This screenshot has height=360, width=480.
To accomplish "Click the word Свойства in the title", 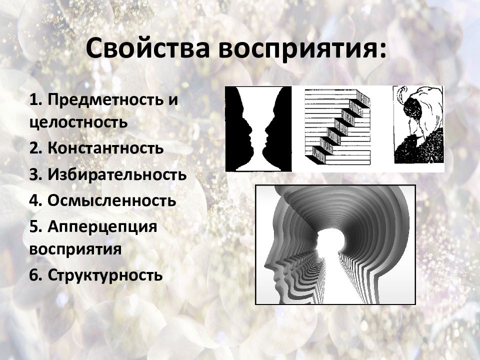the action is (147, 48).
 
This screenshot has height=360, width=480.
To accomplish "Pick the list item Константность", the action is (96, 148).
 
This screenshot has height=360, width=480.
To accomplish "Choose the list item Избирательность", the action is (108, 174).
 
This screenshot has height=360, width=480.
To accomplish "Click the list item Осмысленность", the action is (102, 200).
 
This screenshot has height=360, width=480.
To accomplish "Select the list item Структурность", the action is (96, 275).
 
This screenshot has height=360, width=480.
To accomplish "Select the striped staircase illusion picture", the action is (337, 127).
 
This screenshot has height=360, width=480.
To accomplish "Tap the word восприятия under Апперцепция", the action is (75, 249).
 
